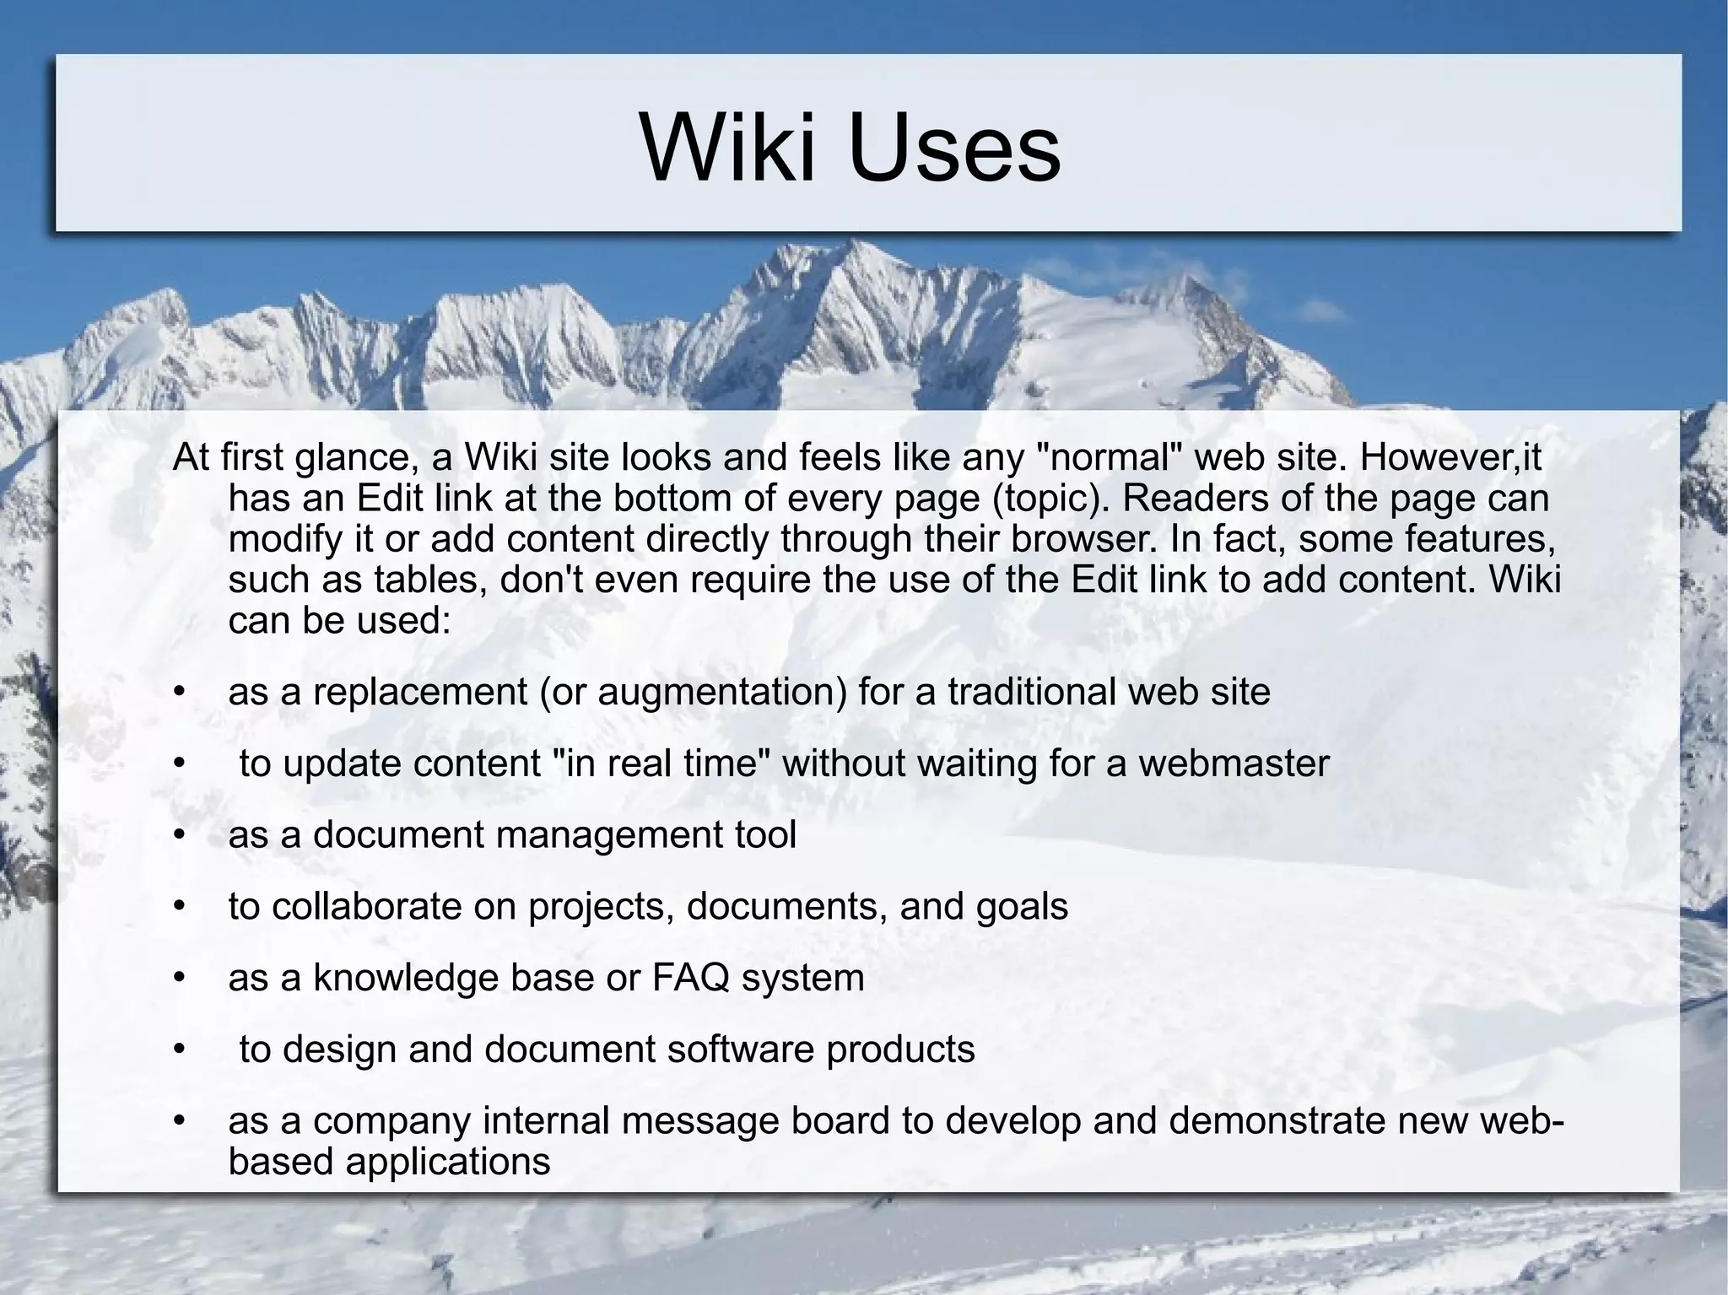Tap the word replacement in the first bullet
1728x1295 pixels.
420,693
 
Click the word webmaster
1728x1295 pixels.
1234,764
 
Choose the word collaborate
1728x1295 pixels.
366,907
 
